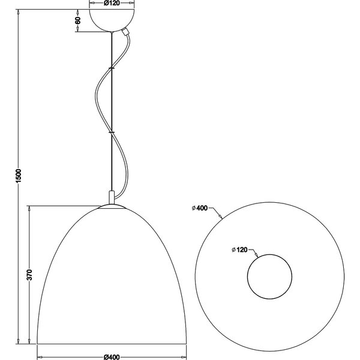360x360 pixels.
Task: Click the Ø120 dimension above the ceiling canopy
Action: [111, 3]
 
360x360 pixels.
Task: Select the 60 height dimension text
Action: [77, 20]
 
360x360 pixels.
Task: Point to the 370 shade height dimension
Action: [29, 275]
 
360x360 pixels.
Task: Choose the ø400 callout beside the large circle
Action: [200, 208]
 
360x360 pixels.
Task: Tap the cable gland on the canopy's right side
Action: [125, 33]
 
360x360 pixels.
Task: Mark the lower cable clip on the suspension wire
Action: [111, 131]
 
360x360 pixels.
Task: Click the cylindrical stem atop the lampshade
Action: [111, 197]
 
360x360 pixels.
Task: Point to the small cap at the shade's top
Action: [111, 206]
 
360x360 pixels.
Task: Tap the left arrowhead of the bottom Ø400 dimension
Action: [40, 353]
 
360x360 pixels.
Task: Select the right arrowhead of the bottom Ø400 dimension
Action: [182, 353]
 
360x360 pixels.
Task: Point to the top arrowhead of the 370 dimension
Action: [29, 208]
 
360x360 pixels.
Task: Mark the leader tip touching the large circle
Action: [221, 216]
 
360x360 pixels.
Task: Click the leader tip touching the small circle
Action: [257, 256]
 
